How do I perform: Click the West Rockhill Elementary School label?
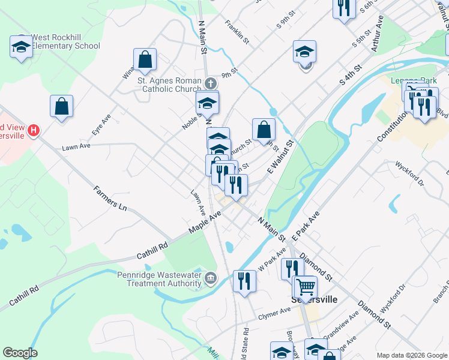pyautogui.click(x=65, y=41)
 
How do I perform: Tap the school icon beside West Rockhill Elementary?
pyautogui.click(x=21, y=47)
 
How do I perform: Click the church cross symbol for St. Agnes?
pyautogui.click(x=210, y=82)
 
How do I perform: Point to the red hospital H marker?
pyautogui.click(x=34, y=130)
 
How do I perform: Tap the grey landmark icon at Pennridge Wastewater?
pyautogui.click(x=211, y=277)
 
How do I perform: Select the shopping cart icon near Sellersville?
pyautogui.click(x=306, y=287)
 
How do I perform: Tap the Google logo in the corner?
pyautogui.click(x=20, y=353)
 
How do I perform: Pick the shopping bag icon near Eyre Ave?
pyautogui.click(x=62, y=106)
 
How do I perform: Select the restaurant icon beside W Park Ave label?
pyautogui.click(x=290, y=268)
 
